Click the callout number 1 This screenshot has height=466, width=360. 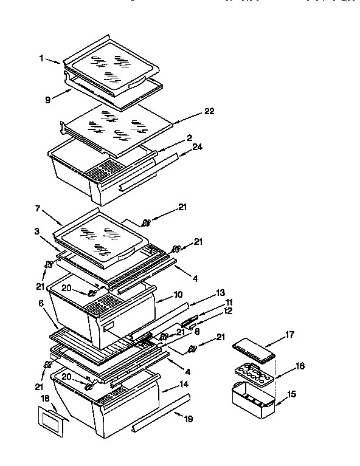41,58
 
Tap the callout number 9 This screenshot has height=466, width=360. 47,100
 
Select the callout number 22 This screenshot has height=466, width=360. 210,111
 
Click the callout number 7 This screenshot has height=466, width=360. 38,209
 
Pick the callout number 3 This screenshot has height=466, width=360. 38,232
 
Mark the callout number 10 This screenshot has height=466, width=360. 178,295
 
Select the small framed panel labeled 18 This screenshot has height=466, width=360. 51,420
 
